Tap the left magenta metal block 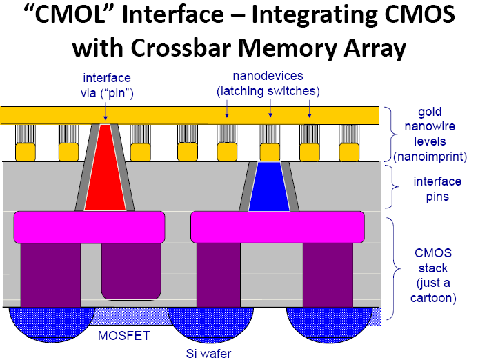[89, 227]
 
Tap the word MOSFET [121, 337]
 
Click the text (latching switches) [268, 90]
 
